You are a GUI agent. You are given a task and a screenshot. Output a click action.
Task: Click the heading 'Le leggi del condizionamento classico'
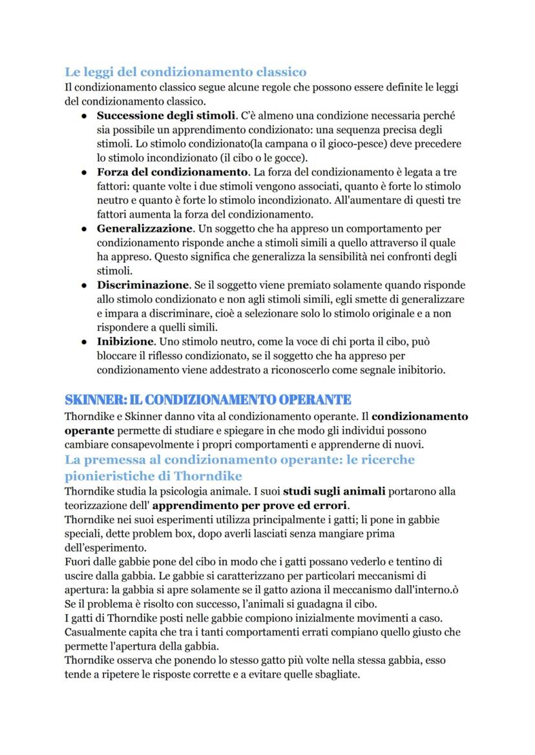(185, 72)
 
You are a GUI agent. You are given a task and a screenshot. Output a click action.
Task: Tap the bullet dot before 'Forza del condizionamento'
(84, 172)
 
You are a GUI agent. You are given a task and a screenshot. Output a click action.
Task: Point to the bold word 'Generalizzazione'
(145, 229)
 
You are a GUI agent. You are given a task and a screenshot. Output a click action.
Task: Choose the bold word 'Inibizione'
(126, 341)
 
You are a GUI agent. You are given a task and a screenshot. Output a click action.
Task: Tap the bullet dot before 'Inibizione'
(84, 341)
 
